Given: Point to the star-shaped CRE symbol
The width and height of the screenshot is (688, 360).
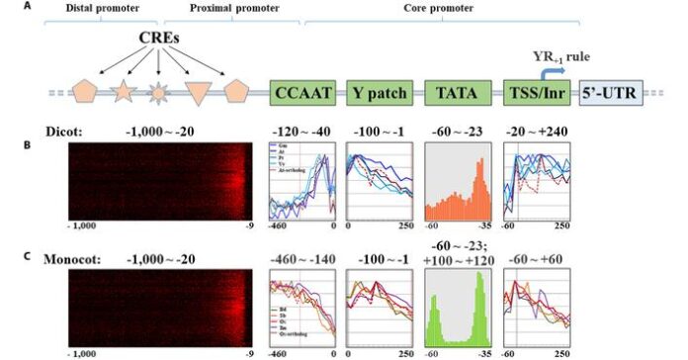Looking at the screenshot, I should pos(122,94).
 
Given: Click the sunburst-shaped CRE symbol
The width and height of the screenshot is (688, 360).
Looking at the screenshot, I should pos(158,95).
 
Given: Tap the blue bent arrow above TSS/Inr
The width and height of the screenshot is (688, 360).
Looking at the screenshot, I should pos(550,71).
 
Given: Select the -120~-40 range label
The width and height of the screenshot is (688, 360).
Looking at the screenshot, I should pos(303,130).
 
